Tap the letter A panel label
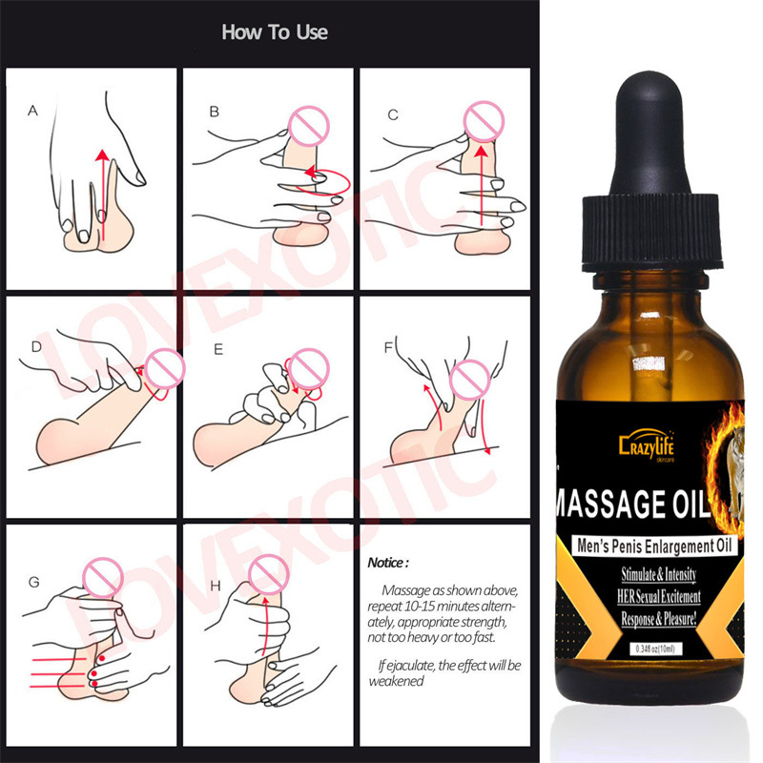(x=33, y=112)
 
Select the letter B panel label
(x=215, y=112)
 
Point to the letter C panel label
(x=392, y=113)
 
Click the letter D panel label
(x=35, y=347)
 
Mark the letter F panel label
(x=388, y=347)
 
